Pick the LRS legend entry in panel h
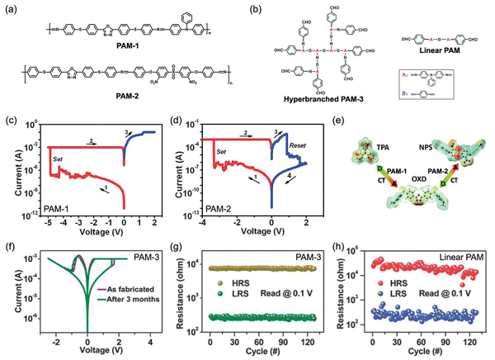click(392, 306)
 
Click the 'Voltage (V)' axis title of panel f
click(87, 351)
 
